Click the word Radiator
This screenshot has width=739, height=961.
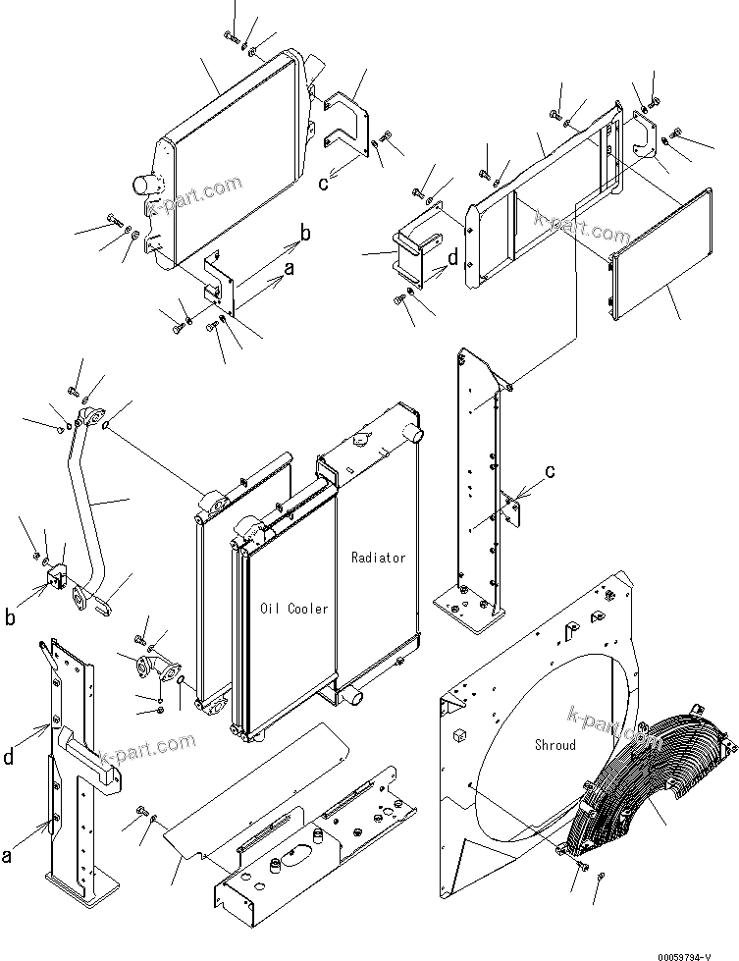tap(378, 558)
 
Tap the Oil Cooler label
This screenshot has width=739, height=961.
tap(294, 609)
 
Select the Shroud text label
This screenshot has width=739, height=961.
tap(554, 745)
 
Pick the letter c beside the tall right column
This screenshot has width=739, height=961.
tap(551, 471)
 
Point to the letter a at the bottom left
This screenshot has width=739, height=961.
tap(8, 856)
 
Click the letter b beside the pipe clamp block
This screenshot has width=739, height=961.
tap(10, 617)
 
